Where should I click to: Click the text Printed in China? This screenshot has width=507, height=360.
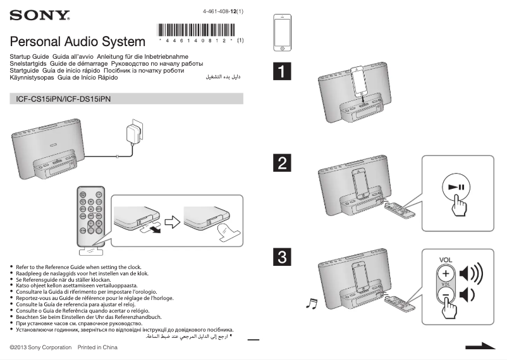click(97, 347)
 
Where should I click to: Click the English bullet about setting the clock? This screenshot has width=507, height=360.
click(78, 267)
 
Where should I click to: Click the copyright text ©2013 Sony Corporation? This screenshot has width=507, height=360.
click(40, 347)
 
